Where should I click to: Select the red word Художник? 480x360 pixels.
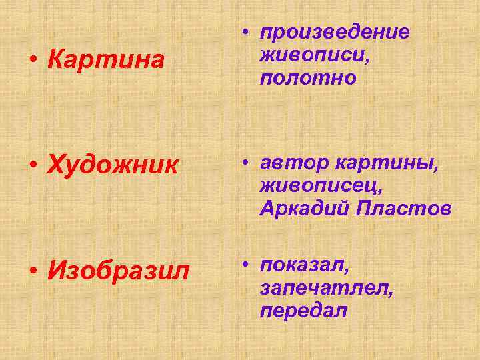coord(113,163)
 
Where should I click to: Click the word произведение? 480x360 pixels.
coord(335,33)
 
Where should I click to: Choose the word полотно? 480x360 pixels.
coord(308,78)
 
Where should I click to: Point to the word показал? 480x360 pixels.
coord(305,265)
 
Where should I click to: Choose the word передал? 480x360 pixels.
coord(304,311)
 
